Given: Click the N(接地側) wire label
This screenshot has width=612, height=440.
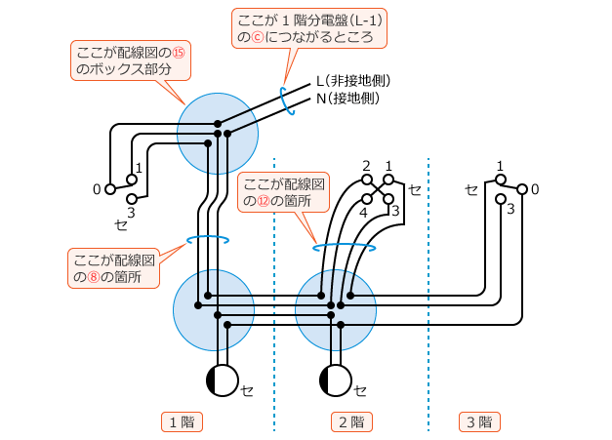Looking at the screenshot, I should [347, 99].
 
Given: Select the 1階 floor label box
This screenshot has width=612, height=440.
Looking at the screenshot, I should [181, 422].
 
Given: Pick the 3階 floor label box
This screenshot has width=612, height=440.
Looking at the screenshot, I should [479, 422].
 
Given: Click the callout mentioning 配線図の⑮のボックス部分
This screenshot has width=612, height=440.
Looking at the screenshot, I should [131, 62].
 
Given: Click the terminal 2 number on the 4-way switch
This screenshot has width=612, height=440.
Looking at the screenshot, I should [366, 165].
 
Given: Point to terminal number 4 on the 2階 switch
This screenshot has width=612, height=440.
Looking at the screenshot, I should [363, 212].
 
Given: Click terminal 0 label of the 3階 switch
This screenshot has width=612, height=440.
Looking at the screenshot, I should [535, 188].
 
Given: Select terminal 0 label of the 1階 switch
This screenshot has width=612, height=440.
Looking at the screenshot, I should [97, 188].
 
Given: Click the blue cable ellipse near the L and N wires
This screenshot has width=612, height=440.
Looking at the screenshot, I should [286, 100].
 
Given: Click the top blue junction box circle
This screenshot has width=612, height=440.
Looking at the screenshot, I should [217, 133].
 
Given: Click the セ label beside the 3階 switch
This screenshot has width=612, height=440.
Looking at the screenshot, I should [471, 188].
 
